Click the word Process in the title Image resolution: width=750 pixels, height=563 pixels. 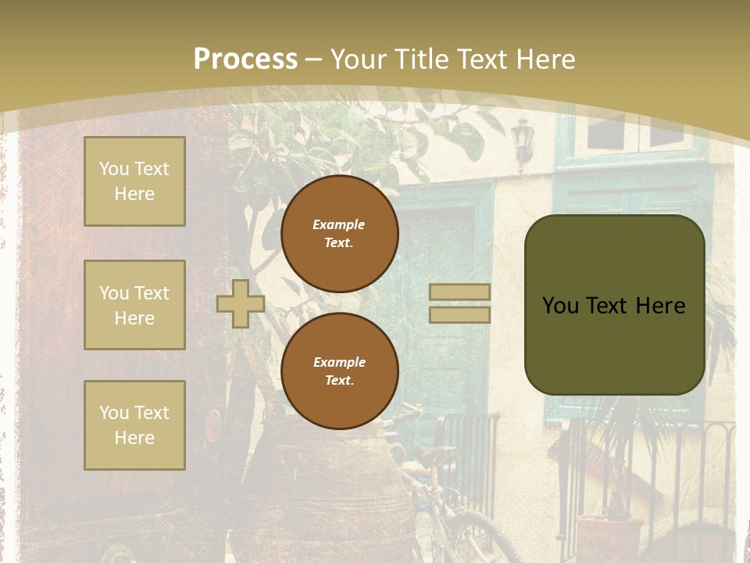[245, 59]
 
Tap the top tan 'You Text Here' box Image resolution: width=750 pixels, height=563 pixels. [134, 181]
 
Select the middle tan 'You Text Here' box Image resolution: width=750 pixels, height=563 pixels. [134, 305]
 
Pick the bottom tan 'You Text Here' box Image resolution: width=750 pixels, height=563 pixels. [134, 425]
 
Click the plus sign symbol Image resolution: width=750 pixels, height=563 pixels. [241, 303]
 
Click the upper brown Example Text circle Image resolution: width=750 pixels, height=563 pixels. [340, 234]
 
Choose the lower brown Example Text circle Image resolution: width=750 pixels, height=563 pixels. [340, 371]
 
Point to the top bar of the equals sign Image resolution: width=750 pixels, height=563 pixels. [459, 292]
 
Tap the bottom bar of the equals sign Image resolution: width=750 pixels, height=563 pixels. [459, 314]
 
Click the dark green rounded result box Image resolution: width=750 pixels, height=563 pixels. [614, 305]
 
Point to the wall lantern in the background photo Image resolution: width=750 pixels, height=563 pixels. [521, 141]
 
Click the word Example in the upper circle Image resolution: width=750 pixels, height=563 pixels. [339, 224]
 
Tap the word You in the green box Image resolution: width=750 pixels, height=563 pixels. [560, 306]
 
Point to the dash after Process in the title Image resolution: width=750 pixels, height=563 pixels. [314, 59]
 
